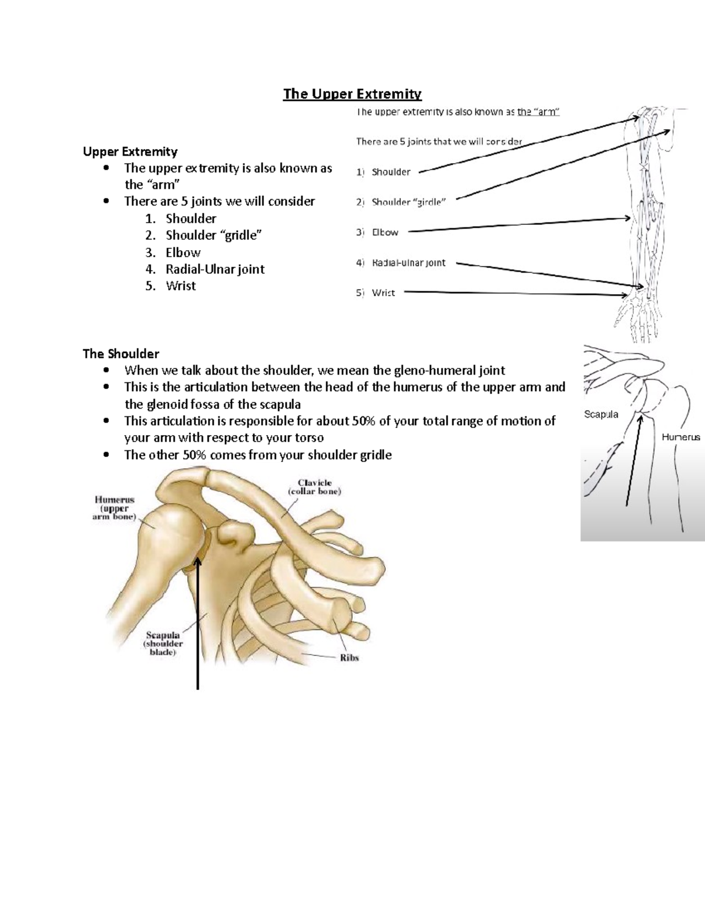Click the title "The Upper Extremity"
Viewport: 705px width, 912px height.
point(352,94)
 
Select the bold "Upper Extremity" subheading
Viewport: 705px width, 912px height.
point(130,152)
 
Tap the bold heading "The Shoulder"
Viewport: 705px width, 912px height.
point(121,354)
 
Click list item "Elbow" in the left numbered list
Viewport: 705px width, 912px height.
point(183,253)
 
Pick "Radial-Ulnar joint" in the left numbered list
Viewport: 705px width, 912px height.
point(214,270)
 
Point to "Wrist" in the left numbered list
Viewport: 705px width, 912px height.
point(180,286)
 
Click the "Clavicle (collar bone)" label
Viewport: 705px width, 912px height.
point(314,487)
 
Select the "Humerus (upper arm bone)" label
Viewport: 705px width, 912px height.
point(115,509)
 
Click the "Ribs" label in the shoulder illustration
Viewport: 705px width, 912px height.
point(349,658)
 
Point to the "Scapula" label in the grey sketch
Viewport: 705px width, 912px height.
point(601,414)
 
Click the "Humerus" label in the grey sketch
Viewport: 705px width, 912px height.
point(681,437)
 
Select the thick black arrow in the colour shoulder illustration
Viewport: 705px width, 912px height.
point(198,622)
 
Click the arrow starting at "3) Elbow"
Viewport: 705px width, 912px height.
point(517,224)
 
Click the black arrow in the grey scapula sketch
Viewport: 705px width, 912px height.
point(634,458)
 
